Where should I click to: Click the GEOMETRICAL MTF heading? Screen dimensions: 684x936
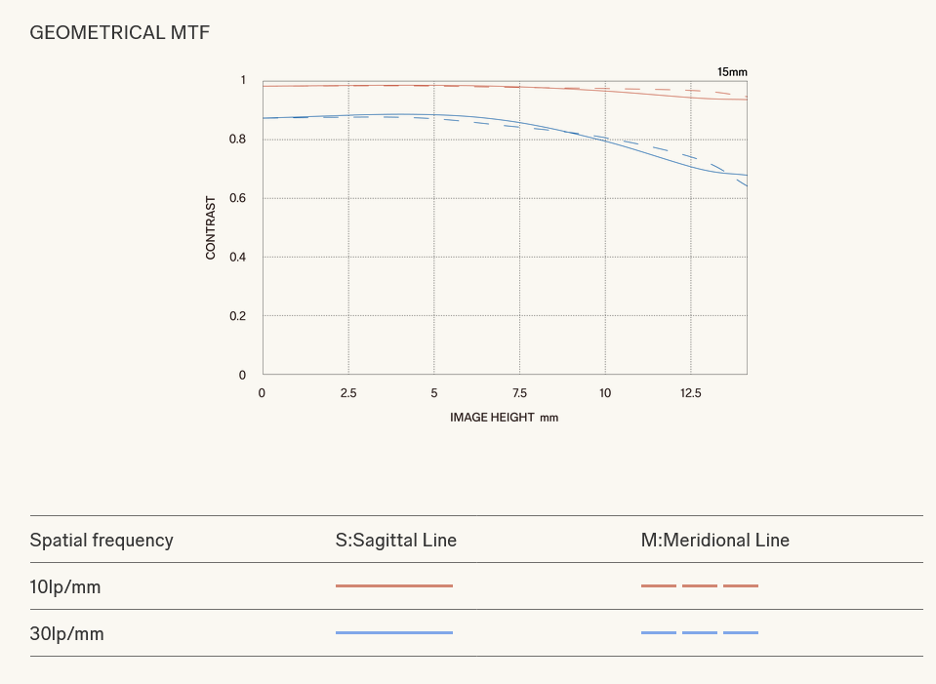click(x=119, y=33)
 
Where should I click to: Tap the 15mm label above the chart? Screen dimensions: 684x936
click(x=732, y=72)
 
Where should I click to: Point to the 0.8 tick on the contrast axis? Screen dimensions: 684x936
click(x=237, y=140)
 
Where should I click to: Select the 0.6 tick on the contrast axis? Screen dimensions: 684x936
click(x=237, y=198)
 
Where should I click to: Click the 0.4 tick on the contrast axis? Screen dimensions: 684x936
click(x=237, y=257)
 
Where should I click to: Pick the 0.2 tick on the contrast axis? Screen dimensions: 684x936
click(x=237, y=316)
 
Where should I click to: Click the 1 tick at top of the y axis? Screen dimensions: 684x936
click(x=243, y=80)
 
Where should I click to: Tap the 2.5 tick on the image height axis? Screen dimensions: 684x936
click(x=348, y=392)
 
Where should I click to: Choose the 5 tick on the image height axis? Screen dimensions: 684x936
click(x=434, y=392)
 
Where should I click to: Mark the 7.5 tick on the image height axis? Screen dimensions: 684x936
click(x=519, y=392)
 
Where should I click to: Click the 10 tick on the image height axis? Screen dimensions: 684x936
click(x=605, y=392)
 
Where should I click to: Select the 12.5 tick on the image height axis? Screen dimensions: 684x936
click(x=690, y=392)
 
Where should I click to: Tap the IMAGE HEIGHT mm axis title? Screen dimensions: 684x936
click(x=504, y=417)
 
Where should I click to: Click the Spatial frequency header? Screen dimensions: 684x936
click(x=102, y=540)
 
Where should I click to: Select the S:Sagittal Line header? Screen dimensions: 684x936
click(x=396, y=540)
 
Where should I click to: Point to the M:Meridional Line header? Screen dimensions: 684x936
click(x=715, y=540)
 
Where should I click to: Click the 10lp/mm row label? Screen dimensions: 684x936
click(x=65, y=587)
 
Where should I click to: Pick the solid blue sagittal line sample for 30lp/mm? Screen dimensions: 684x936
click(x=394, y=633)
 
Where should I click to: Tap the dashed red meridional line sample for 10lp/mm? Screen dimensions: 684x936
click(x=700, y=586)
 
